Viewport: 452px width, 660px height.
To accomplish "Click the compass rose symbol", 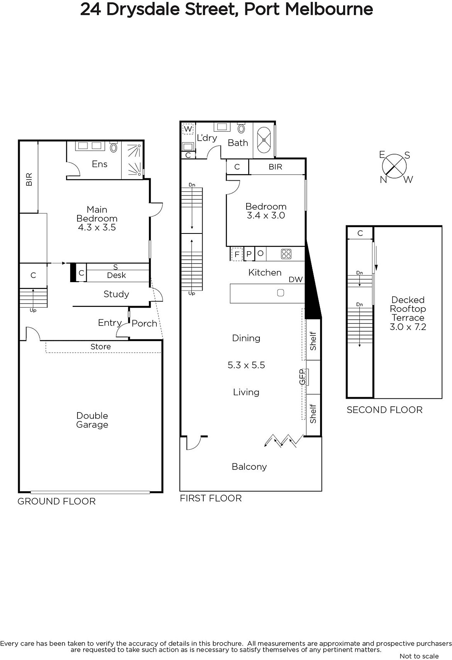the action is [394, 166].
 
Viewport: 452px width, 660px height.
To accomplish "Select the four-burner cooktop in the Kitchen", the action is [286, 254].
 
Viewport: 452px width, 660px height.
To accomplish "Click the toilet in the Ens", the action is [114, 147].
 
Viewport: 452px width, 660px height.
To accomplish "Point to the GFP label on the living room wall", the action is [302, 377].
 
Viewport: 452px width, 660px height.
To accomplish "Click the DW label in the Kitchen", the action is [296, 279].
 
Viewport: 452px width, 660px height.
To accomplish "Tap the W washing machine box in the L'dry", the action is [188, 129].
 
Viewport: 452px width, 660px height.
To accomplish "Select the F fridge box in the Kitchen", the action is [237, 254].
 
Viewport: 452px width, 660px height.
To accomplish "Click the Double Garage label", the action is [92, 420].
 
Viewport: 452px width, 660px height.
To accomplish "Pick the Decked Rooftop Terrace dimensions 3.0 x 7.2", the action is [408, 327].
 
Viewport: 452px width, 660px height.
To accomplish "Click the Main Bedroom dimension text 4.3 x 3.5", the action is [97, 227].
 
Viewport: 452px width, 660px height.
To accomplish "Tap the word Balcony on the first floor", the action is [249, 467].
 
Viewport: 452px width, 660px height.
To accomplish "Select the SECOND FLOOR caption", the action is [384, 410].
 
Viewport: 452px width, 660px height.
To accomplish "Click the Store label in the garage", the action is [101, 346].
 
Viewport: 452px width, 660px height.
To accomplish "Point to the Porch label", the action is [144, 323].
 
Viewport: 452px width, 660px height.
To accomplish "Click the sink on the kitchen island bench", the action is [280, 292].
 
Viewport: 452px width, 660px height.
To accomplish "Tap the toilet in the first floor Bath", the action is [241, 128].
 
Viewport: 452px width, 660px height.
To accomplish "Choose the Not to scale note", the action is [419, 656].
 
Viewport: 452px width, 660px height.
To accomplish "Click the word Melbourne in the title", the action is [329, 9].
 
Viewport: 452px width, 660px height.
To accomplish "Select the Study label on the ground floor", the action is [116, 294].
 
